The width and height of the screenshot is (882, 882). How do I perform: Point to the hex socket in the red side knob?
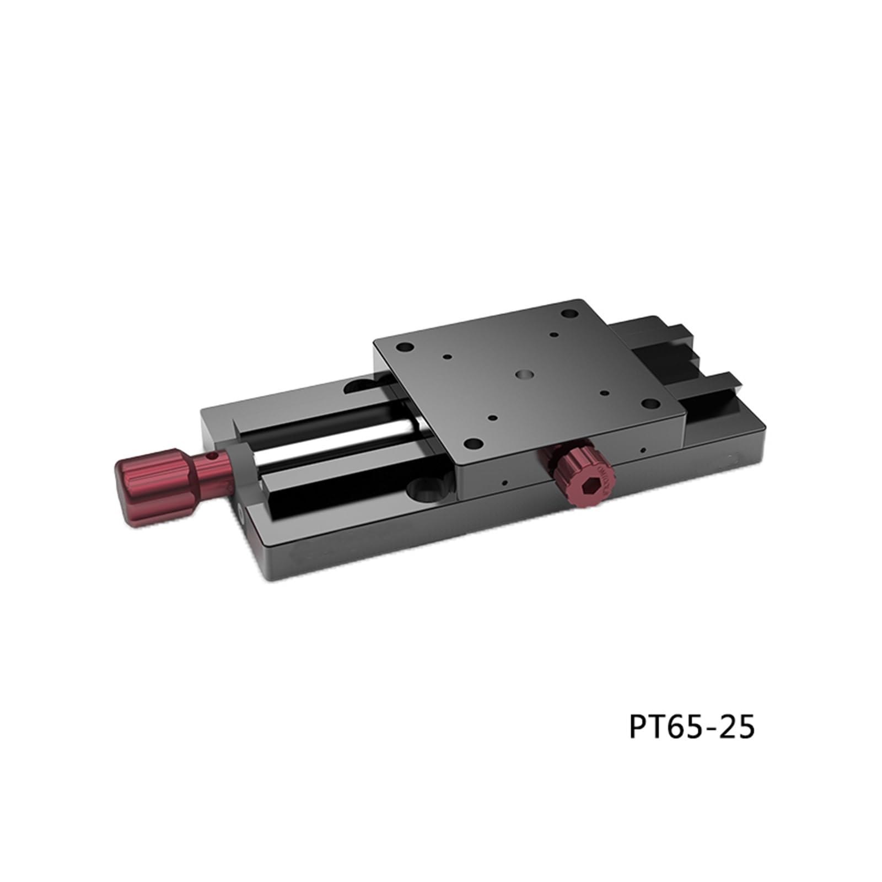[591, 483]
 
